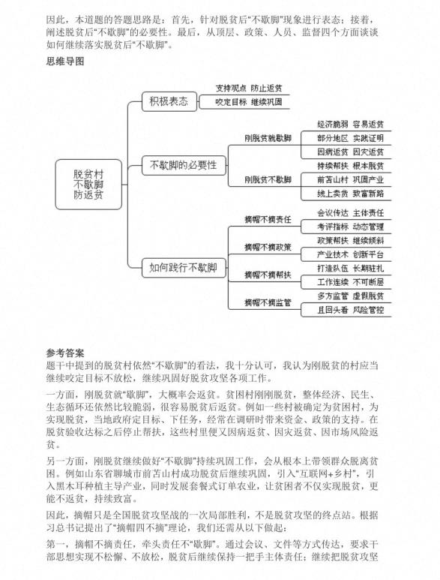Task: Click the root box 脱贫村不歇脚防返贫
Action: point(88,185)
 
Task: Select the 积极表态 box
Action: point(169,101)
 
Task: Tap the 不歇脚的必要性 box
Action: point(183,165)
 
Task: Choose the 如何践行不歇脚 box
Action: point(183,267)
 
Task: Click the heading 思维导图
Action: point(65,61)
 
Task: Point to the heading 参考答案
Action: point(65,353)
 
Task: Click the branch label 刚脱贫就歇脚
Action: point(268,138)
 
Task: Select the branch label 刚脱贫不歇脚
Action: point(268,180)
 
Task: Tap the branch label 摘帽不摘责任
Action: point(268,220)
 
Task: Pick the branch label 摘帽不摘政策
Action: point(268,247)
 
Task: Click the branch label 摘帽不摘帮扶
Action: point(268,275)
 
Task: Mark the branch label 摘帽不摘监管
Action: point(268,302)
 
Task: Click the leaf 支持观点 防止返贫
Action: point(249,88)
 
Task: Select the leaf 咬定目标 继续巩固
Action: point(249,102)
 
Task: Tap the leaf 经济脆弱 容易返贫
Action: point(350,125)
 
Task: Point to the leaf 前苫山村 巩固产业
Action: point(350,180)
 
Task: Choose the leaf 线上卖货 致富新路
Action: point(350,194)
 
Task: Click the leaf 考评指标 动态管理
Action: point(350,227)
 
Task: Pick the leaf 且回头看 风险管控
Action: point(350,310)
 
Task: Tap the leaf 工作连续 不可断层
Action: point(350,282)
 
